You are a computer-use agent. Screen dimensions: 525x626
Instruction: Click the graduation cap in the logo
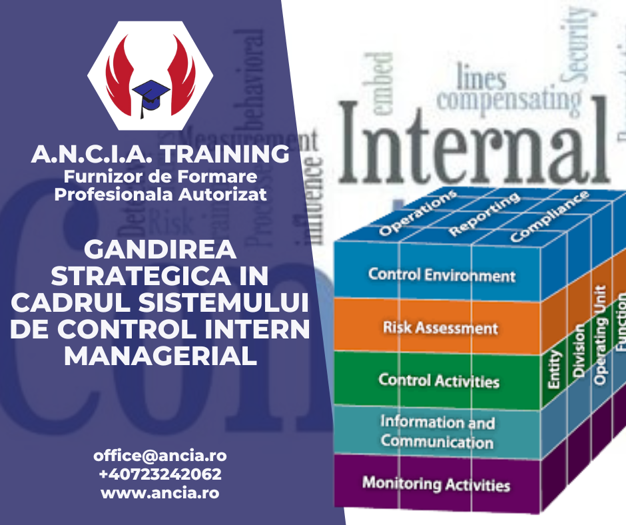(x=151, y=93)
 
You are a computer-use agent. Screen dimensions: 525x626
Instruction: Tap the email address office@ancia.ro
(x=160, y=456)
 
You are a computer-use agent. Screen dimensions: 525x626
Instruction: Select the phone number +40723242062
(x=160, y=475)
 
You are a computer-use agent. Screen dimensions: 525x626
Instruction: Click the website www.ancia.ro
(x=160, y=494)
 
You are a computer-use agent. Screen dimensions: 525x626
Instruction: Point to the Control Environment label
(x=442, y=274)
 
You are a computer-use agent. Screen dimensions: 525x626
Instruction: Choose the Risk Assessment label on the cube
(x=440, y=327)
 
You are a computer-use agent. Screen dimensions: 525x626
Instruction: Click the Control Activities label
(x=439, y=380)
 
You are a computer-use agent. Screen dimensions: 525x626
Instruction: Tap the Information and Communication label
(x=438, y=432)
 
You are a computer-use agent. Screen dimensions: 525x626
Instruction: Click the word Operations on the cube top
(x=418, y=213)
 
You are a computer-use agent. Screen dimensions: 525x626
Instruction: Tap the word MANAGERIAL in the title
(x=160, y=354)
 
